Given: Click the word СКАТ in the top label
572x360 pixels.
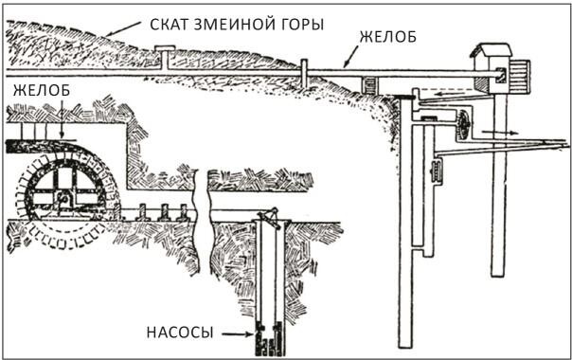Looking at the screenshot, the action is coord(170,25).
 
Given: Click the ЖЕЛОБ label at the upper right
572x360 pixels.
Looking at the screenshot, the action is coord(387,37).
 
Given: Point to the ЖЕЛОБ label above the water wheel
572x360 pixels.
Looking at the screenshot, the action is coord(42,90).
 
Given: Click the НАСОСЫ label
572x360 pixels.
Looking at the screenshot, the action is coord(180,333).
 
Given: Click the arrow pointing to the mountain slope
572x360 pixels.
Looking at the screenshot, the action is coord(122,28).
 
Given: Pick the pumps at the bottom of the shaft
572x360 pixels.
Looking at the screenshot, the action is coord(270,338).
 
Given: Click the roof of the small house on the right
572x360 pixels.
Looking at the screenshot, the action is coord(491,49).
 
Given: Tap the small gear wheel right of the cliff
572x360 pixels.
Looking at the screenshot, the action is coord(463,125).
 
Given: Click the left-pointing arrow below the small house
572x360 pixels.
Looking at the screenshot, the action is coord(446,95).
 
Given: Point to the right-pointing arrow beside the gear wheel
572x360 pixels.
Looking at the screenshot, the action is coord(500,133).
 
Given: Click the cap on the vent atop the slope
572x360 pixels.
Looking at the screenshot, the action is coord(165,48).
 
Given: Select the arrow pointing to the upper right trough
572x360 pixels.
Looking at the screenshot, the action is coord(350,57).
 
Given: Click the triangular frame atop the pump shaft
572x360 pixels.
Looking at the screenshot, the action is coord(270,218).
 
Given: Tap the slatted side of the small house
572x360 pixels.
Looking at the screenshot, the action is coord(519,77).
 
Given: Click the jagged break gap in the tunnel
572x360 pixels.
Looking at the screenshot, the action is coord(203,223).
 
